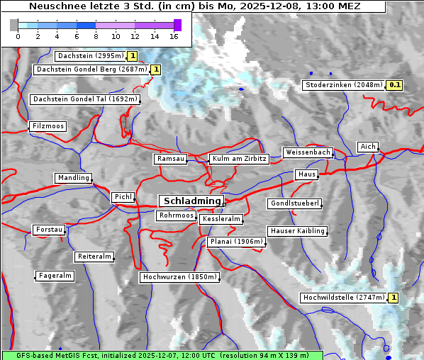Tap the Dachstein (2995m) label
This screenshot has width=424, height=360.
tap(90, 55)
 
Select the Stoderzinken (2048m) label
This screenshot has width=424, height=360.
tap(343, 85)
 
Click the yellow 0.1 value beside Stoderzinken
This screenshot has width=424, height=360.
tap(395, 85)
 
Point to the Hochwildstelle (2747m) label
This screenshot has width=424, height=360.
tap(343, 298)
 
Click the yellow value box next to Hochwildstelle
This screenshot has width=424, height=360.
tap(393, 298)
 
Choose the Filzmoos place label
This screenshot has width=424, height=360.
tap(48, 126)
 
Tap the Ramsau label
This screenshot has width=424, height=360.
tap(171, 159)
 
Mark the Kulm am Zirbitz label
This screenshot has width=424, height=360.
tap(239, 159)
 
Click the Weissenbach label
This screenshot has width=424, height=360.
tap(307, 152)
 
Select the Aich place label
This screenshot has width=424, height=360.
tap(368, 147)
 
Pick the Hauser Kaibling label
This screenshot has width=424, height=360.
tap(297, 230)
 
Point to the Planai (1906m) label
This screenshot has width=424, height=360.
tap(237, 242)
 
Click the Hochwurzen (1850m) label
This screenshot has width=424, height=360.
tap(178, 276)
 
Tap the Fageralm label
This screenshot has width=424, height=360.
tap(55, 275)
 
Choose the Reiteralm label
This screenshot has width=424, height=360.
tap(94, 256)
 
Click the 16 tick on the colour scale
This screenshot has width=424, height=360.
tap(174, 36)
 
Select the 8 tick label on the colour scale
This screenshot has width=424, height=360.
tap(96, 36)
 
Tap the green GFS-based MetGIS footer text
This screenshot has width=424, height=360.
tap(162, 354)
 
